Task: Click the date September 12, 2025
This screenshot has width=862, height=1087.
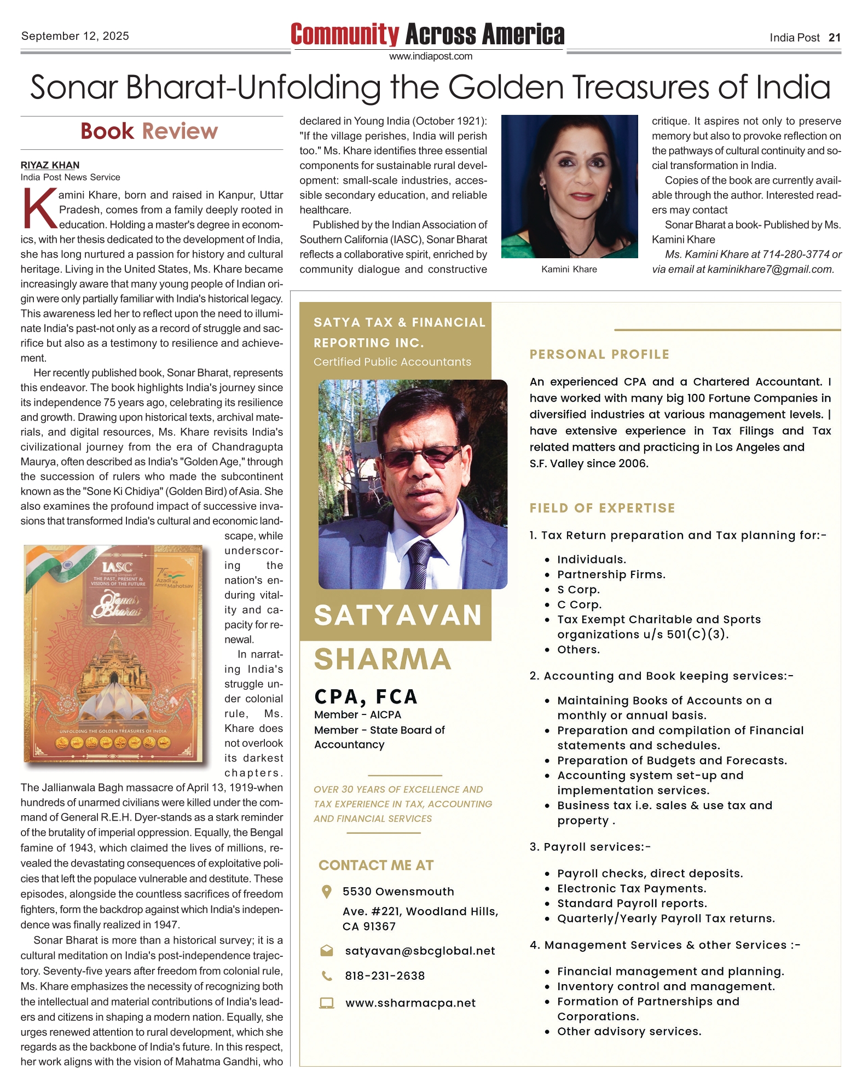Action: (75, 36)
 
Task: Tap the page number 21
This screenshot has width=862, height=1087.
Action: (834, 38)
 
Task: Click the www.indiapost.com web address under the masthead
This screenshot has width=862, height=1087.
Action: (430, 56)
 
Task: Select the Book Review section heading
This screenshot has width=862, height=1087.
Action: (149, 131)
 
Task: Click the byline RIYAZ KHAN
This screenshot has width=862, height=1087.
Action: (50, 165)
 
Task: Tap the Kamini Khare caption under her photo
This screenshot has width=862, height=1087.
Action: (569, 269)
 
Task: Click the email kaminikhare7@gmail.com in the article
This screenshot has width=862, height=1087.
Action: (771, 269)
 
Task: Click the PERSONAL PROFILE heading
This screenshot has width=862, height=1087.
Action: (599, 354)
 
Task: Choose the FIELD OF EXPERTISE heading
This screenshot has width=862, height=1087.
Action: (602, 508)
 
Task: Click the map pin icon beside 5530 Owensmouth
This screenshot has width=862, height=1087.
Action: (326, 892)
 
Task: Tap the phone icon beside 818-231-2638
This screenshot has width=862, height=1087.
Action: (326, 976)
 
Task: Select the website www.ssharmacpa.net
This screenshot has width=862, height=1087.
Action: (410, 1003)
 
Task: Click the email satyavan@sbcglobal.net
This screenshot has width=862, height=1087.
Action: (420, 951)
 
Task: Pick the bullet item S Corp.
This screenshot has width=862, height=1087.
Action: (578, 590)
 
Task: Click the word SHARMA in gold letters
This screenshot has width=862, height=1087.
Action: (383, 659)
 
